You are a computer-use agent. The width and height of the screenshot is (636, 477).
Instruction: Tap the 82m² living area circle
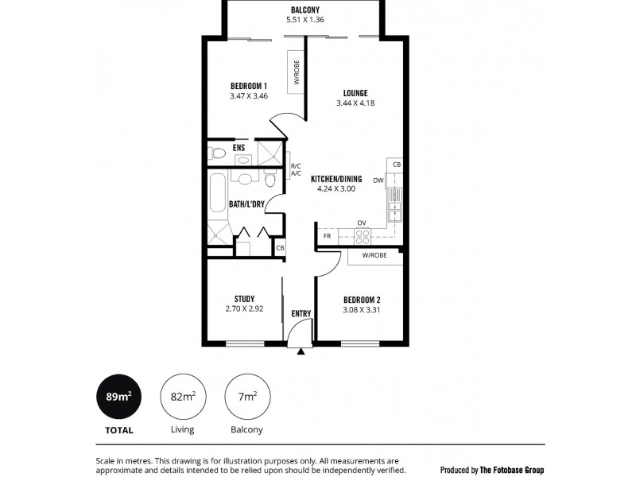point(183,396)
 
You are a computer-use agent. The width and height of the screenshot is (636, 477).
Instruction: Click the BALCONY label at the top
point(306,10)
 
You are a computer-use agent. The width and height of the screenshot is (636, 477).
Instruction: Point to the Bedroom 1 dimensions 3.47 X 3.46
point(249,96)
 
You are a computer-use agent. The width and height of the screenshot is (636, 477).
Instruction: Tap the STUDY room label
point(244,299)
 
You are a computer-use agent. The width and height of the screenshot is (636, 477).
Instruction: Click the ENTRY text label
point(301,313)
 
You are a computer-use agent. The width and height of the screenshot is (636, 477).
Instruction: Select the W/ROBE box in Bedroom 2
point(374,256)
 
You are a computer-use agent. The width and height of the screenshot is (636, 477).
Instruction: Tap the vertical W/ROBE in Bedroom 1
point(297,72)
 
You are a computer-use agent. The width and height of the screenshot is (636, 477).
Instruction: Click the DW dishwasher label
point(378,180)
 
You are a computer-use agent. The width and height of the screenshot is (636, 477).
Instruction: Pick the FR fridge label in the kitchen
point(326,236)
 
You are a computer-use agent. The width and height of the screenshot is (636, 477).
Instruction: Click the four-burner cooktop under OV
point(362,235)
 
